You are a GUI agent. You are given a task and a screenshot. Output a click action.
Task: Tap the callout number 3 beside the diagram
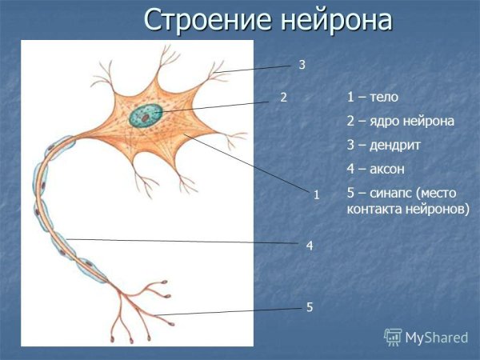(x=302, y=64)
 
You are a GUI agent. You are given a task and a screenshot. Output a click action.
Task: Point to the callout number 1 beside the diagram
(x=317, y=194)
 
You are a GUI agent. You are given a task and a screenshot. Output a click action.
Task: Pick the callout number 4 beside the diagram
(x=309, y=248)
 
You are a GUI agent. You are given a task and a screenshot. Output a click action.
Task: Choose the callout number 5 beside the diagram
(x=309, y=307)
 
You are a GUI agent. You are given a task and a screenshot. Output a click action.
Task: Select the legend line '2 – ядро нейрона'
(x=400, y=122)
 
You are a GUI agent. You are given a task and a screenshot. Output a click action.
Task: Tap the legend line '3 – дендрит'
(x=383, y=146)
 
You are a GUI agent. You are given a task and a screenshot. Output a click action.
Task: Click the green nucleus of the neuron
(x=146, y=115)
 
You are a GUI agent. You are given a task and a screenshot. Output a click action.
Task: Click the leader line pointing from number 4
(x=184, y=241)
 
